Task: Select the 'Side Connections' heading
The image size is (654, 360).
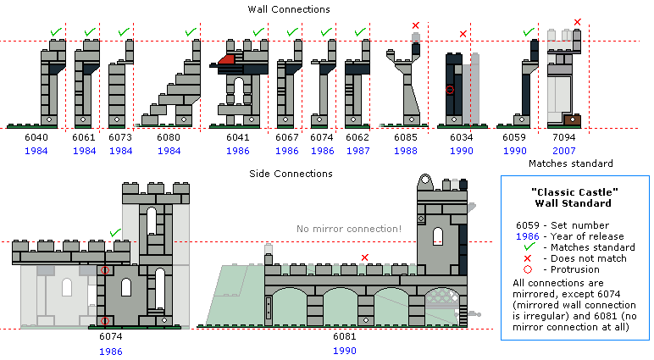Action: tap(290, 174)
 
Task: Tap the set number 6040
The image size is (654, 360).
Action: tap(41, 136)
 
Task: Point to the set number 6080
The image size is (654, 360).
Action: tap(169, 136)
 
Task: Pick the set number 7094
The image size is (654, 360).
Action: tap(563, 136)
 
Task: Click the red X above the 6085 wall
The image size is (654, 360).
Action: tap(415, 25)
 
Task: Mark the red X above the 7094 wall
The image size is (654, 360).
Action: tap(577, 21)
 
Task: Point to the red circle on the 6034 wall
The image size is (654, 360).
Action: tap(450, 89)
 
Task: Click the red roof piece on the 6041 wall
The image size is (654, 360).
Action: tap(226, 59)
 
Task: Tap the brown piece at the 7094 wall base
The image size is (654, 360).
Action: tap(572, 120)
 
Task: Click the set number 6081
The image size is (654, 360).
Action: tap(344, 336)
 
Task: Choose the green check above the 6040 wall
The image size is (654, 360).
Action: tap(55, 32)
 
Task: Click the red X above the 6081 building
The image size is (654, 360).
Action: tap(365, 257)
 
